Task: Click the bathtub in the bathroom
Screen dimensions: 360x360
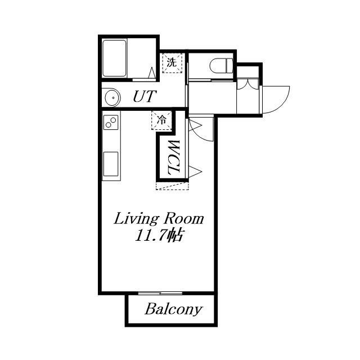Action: click(114, 58)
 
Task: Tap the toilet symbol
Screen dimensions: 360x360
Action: click(221, 65)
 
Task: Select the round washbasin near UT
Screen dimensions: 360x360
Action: click(112, 97)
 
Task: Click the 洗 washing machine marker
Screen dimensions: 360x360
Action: click(172, 62)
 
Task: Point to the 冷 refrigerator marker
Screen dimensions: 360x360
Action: click(161, 120)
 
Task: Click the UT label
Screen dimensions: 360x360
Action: click(145, 96)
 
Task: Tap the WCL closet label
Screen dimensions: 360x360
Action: click(173, 157)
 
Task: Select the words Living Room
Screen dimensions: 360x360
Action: click(159, 219)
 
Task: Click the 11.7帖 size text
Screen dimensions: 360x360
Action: click(159, 235)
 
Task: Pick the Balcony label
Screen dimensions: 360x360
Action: click(174, 309)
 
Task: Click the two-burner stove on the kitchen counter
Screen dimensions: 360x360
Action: click(111, 123)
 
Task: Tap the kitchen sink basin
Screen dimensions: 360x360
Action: click(111, 164)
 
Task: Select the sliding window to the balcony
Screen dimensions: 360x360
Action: click(160, 293)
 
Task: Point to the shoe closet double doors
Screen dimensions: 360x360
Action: click(248, 84)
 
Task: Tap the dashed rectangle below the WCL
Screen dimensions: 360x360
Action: click(172, 186)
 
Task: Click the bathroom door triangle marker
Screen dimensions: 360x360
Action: click(152, 73)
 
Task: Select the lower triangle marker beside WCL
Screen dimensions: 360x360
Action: click(195, 172)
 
